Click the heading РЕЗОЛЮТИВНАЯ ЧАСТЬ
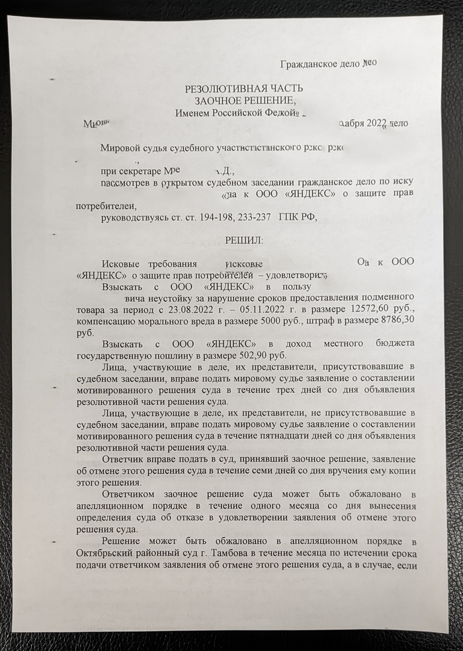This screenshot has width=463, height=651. tap(244, 89)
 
